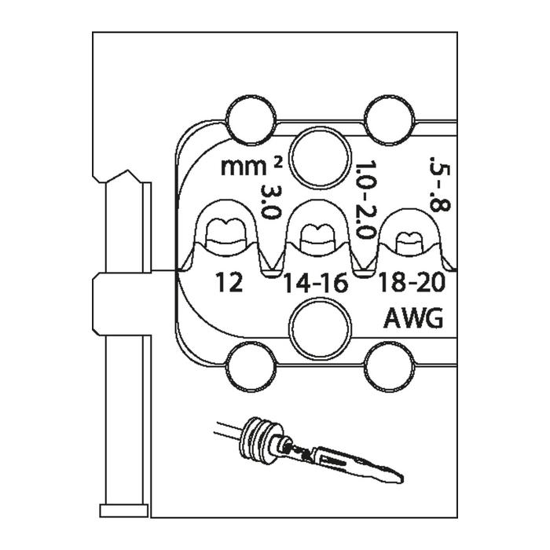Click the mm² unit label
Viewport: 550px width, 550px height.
click(251, 167)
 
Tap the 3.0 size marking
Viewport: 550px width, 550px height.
click(271, 202)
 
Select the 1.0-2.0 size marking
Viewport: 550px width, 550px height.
click(365, 200)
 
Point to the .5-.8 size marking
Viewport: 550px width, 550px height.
click(440, 184)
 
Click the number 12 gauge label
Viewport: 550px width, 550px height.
click(229, 283)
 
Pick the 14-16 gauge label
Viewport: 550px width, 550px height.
click(316, 283)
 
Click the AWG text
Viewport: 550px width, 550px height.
click(413, 318)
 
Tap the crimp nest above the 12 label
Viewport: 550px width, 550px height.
click(225, 235)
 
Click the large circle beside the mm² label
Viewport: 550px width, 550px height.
click(321, 159)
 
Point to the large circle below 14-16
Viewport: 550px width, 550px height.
click(321, 329)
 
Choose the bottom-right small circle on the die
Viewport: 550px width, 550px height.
click(390, 367)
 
